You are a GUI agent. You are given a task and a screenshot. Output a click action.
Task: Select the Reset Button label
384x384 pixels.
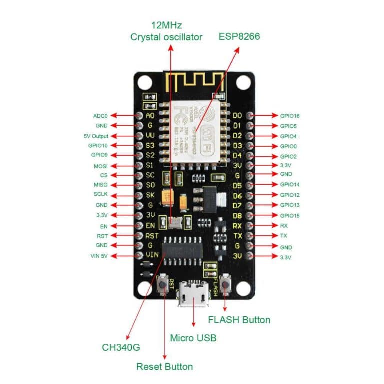tap(164, 366)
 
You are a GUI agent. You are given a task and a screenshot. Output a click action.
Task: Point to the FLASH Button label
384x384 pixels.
tap(239, 320)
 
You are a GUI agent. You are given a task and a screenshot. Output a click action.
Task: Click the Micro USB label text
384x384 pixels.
tap(193, 338)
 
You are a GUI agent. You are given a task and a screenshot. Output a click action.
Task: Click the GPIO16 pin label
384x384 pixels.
tap(290, 116)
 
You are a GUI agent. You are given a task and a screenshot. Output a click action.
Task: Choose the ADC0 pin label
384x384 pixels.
tap(100, 115)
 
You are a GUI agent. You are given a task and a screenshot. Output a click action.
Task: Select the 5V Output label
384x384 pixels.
tap(96, 136)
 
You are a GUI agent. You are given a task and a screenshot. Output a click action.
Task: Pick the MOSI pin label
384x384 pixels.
tap(100, 166)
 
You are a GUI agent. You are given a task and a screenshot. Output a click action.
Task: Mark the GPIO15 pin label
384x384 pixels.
tap(290, 215)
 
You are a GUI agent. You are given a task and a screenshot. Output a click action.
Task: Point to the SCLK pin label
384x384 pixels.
tap(100, 195)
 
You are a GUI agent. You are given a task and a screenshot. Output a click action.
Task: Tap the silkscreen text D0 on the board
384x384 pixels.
tap(237, 116)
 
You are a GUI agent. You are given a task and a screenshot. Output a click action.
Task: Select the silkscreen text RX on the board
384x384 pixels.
tap(237, 225)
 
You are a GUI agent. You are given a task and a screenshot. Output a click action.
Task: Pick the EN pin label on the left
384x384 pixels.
tap(103, 226)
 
